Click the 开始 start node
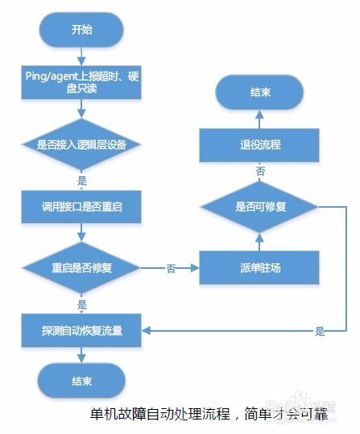click(81, 31)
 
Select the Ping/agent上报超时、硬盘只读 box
click(81, 81)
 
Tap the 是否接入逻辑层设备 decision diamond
click(81, 145)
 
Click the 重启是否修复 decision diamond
click(81, 267)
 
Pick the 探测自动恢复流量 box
click(81, 329)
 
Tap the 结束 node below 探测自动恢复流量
click(81, 381)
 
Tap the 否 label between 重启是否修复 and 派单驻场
click(171, 268)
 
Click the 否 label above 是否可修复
click(260, 172)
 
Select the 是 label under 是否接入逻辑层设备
click(82, 181)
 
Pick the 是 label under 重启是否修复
click(82, 304)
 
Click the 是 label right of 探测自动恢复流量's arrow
click(320, 331)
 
